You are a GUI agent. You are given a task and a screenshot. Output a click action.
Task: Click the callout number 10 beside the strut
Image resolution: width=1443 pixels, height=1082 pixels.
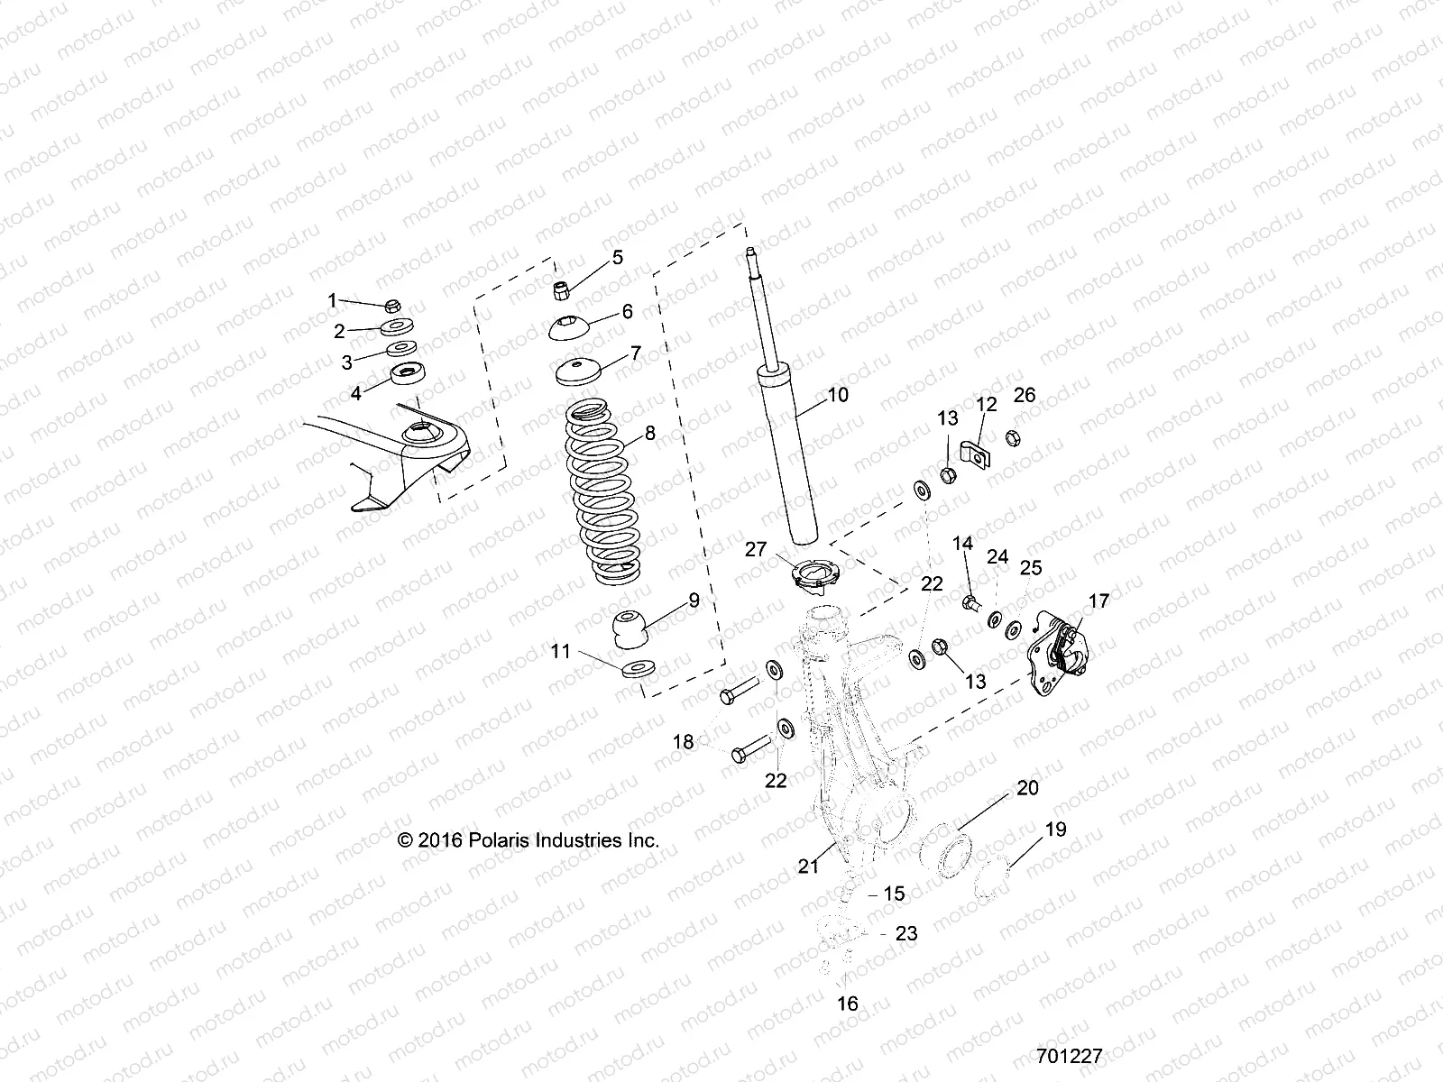pyautogui.click(x=838, y=395)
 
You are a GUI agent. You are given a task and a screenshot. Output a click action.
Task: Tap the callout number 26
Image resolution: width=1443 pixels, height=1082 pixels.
pyautogui.click(x=1025, y=395)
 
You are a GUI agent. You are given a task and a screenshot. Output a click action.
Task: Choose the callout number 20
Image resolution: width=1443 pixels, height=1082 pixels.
pyautogui.click(x=1027, y=787)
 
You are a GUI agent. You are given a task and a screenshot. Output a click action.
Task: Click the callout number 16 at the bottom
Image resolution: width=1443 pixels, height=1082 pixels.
pyautogui.click(x=848, y=1004)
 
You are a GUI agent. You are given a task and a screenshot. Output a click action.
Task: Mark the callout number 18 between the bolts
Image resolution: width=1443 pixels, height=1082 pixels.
pyautogui.click(x=684, y=742)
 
